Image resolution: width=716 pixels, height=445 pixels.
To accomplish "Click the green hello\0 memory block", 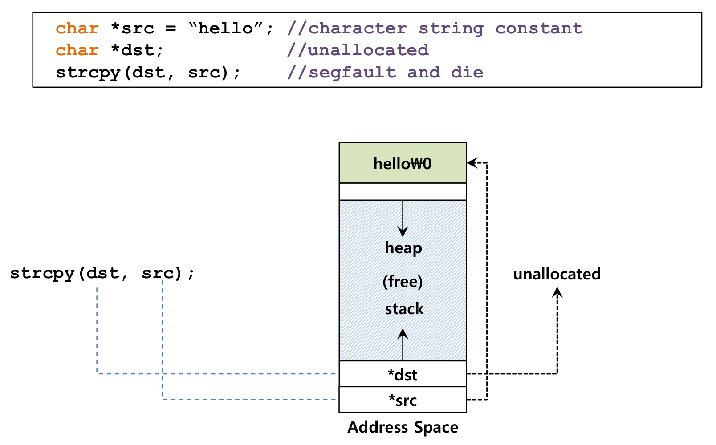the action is pos(403,163).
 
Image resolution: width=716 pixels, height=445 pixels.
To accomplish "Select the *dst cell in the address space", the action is pos(403,374).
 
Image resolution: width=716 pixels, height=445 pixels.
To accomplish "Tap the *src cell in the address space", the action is pos(403,400).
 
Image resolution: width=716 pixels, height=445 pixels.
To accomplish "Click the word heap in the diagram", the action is pos(403,248).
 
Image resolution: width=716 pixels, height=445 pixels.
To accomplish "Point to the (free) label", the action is pos(403,282).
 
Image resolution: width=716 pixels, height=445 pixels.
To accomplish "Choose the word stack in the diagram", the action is pos(404,309).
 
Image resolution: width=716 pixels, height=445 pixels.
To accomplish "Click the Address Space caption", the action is pos(403,428).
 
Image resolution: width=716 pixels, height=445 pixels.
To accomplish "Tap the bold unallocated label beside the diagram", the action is pos(557,274).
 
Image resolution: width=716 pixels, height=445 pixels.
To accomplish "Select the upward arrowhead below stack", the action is pos(403,335).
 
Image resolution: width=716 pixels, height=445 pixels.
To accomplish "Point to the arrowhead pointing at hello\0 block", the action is pos(472,163).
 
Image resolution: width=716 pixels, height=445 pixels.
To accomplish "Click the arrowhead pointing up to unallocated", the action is pos(557,292).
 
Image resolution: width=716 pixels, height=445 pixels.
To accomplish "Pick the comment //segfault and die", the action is pos(385,73).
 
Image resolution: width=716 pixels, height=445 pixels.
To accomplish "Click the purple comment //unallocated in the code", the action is pos(358,50).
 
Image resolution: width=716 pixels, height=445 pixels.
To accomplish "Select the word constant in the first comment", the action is pos(539,28).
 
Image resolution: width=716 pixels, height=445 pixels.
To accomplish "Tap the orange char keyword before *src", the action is pos(77,28).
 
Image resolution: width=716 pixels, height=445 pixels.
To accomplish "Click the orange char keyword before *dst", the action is pos(77,50).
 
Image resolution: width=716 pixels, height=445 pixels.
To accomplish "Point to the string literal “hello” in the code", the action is pos(226,28).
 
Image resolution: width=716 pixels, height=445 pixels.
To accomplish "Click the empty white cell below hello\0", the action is pos(403,192).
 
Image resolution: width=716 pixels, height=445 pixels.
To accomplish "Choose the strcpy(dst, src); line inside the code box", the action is pos(148,73).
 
